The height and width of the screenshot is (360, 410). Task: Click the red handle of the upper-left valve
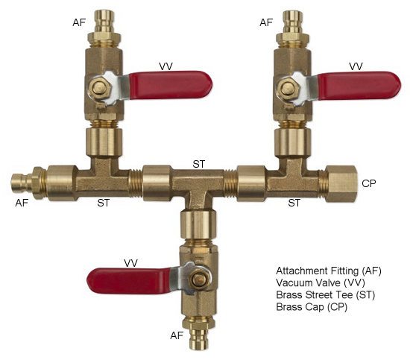coord(171,85)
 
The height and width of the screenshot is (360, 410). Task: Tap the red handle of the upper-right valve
coord(359,86)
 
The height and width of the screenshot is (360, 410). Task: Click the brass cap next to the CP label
coord(341,184)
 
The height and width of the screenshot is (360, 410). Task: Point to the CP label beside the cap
coord(369,183)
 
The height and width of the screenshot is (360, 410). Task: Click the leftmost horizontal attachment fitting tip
coord(22,183)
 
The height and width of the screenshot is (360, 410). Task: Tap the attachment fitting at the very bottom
coord(199,333)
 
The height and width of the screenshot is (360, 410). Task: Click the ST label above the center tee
coord(199,164)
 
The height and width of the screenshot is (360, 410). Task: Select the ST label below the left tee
coord(104,203)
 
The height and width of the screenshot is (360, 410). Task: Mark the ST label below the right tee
coord(294,203)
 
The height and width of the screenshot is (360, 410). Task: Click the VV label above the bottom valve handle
coord(130,263)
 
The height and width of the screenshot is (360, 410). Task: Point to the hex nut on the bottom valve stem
coord(200,280)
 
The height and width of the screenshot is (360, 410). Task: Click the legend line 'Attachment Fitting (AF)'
coord(329,271)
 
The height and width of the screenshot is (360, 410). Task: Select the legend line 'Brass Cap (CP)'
coord(312,306)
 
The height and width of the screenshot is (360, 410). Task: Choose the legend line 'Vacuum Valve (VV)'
coord(321,282)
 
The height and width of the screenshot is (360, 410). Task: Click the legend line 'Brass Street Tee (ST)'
coord(326,294)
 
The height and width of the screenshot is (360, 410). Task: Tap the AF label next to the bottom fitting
coord(177,335)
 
